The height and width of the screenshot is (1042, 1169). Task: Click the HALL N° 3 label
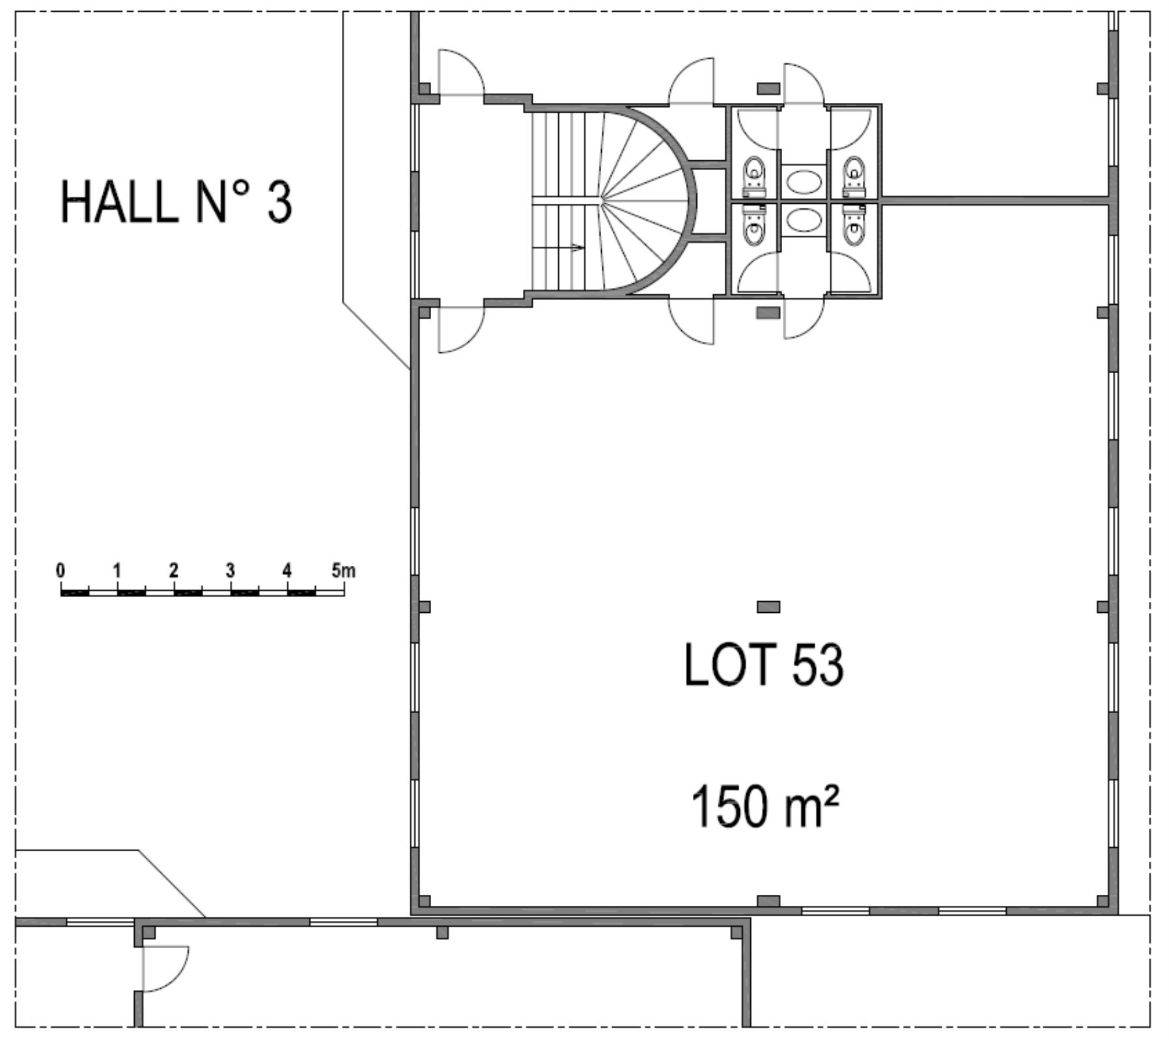pos(176,203)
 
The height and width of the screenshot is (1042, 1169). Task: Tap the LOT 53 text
pos(764,664)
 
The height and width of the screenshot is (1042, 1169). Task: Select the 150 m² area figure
pos(764,806)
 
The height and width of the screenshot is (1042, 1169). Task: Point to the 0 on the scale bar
pos(61,571)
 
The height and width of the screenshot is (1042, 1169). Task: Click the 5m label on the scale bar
pos(343,571)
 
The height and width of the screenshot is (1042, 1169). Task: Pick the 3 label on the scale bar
pos(231,571)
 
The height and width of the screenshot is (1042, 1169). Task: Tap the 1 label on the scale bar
pos(117,571)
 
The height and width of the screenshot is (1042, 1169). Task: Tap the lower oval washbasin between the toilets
pos(804,220)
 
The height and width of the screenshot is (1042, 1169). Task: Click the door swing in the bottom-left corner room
pos(165,968)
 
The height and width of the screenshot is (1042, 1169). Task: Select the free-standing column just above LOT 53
pos(768,607)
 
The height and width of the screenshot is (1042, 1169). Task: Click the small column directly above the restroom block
pos(768,88)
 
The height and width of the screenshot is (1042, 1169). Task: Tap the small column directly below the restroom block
pos(768,313)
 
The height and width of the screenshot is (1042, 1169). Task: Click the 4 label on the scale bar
pos(287,571)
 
